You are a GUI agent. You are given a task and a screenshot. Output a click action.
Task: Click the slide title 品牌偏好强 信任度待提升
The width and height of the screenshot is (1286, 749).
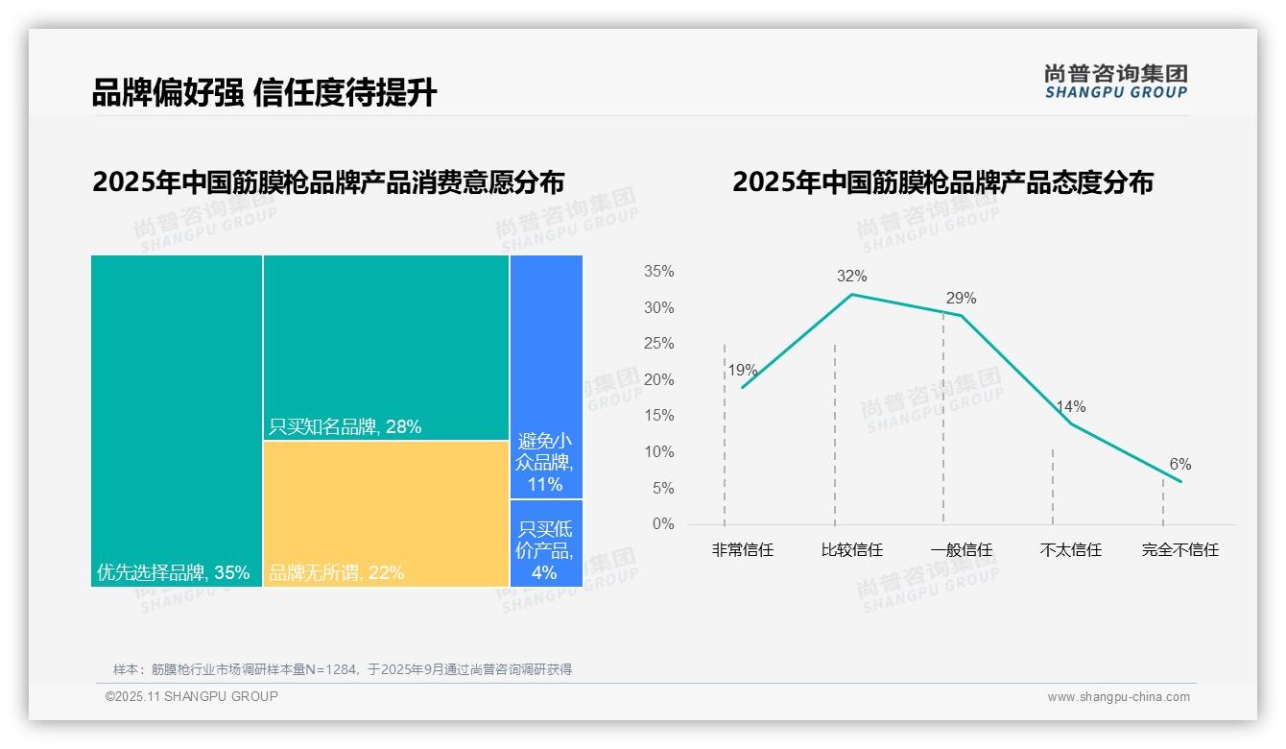264,92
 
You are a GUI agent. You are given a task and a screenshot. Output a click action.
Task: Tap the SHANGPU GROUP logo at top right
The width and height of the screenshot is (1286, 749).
1115,82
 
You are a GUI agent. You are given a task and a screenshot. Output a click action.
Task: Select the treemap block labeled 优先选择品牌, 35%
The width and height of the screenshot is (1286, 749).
177,420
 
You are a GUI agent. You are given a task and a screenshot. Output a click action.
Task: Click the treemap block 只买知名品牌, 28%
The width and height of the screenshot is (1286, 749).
386,347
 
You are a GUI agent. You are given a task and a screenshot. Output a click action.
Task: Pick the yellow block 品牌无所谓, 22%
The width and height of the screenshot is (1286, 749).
386,513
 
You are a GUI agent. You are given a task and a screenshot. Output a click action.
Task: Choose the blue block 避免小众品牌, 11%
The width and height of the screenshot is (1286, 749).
545,376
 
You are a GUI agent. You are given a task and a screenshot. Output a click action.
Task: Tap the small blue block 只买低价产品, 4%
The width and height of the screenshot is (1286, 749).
545,543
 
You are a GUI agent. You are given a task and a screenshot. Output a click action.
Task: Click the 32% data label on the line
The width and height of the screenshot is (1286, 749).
851,277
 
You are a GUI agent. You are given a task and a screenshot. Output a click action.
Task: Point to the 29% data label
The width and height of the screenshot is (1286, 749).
961,298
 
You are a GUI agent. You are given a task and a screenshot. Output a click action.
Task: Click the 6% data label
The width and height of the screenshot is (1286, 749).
1179,465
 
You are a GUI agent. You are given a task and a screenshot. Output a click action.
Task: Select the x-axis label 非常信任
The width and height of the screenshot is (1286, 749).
742,550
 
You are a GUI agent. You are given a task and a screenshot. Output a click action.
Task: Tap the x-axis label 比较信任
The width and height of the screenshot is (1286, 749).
851,550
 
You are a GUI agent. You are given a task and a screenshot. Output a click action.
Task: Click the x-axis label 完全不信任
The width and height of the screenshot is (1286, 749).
1179,550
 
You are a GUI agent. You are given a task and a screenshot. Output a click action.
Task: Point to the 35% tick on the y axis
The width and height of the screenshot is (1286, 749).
658,272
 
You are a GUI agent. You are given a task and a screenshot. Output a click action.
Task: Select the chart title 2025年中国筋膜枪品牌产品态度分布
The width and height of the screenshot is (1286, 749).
942,182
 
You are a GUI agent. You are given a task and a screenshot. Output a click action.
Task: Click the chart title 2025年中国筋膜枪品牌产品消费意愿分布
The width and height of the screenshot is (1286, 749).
328,182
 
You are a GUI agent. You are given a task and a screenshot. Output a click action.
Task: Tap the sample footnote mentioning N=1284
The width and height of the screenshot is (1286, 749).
343,669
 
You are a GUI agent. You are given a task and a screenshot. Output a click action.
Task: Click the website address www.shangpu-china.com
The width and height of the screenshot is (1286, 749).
1118,697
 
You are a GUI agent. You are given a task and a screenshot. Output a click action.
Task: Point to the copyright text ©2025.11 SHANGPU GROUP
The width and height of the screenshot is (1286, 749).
192,696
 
